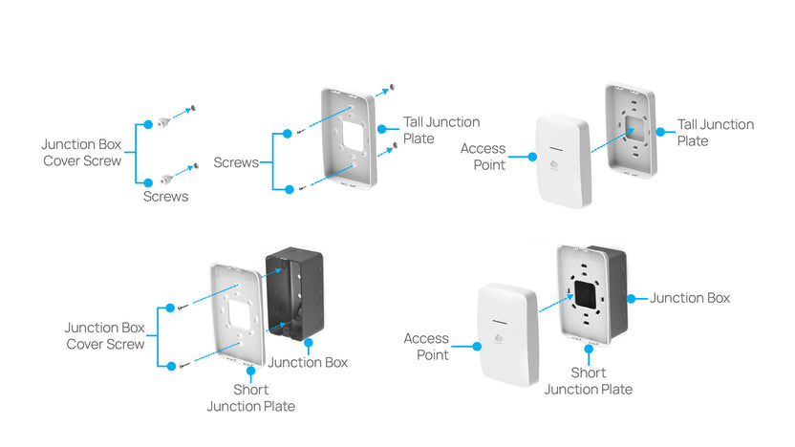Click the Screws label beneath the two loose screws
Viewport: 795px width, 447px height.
[x=165, y=197]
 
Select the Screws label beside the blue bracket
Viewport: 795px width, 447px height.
[x=236, y=162]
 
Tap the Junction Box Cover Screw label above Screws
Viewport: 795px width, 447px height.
[x=81, y=152]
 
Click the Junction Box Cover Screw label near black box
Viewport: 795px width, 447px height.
[x=105, y=335]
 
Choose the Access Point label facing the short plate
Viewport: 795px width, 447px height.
[x=425, y=346]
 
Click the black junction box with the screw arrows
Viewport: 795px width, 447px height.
[x=295, y=292]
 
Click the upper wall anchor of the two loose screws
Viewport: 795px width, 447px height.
[x=166, y=121]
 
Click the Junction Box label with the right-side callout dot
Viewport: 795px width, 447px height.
[x=690, y=299]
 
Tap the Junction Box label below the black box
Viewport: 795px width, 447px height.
[x=308, y=362]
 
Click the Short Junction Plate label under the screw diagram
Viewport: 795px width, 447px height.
[x=250, y=397]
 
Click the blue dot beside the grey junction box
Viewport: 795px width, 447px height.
[x=632, y=299]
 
